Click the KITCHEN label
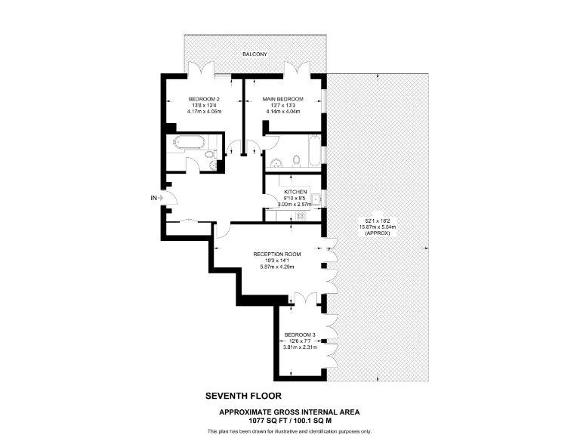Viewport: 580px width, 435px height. point(295,192)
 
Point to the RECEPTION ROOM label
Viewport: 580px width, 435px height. point(277,254)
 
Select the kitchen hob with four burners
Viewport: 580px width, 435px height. point(300,215)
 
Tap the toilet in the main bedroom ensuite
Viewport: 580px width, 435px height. point(297,160)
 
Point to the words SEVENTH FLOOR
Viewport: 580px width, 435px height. point(242,395)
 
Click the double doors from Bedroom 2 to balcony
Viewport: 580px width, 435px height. point(201,69)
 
